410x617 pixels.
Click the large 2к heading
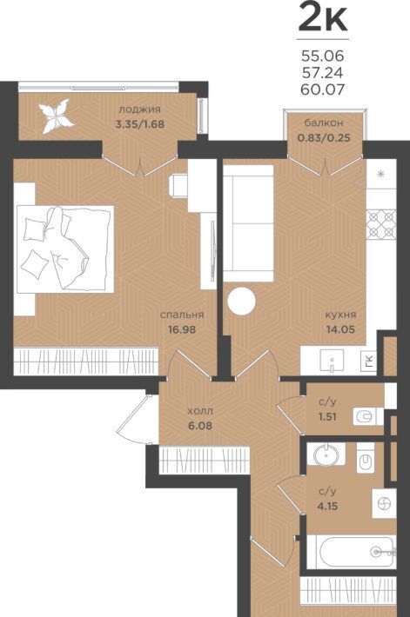point(322,17)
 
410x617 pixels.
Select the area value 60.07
point(322,90)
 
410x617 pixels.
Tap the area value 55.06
point(322,56)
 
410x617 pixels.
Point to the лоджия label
point(139,109)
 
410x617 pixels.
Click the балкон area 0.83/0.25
point(324,138)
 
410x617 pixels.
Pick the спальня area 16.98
point(182,329)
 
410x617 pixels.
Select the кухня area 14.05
point(340,329)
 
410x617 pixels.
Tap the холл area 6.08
point(200,426)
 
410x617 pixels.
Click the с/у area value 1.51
point(327,417)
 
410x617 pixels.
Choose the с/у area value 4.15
point(327,506)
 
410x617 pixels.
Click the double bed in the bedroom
point(65,249)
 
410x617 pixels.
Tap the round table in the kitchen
point(241,301)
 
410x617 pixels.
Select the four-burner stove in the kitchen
point(380,225)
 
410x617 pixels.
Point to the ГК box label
point(369,360)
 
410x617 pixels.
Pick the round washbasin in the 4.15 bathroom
point(326,454)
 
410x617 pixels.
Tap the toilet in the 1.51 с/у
point(364,416)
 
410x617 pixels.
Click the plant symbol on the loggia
point(57,116)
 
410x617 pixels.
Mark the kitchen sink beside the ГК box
point(332,361)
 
